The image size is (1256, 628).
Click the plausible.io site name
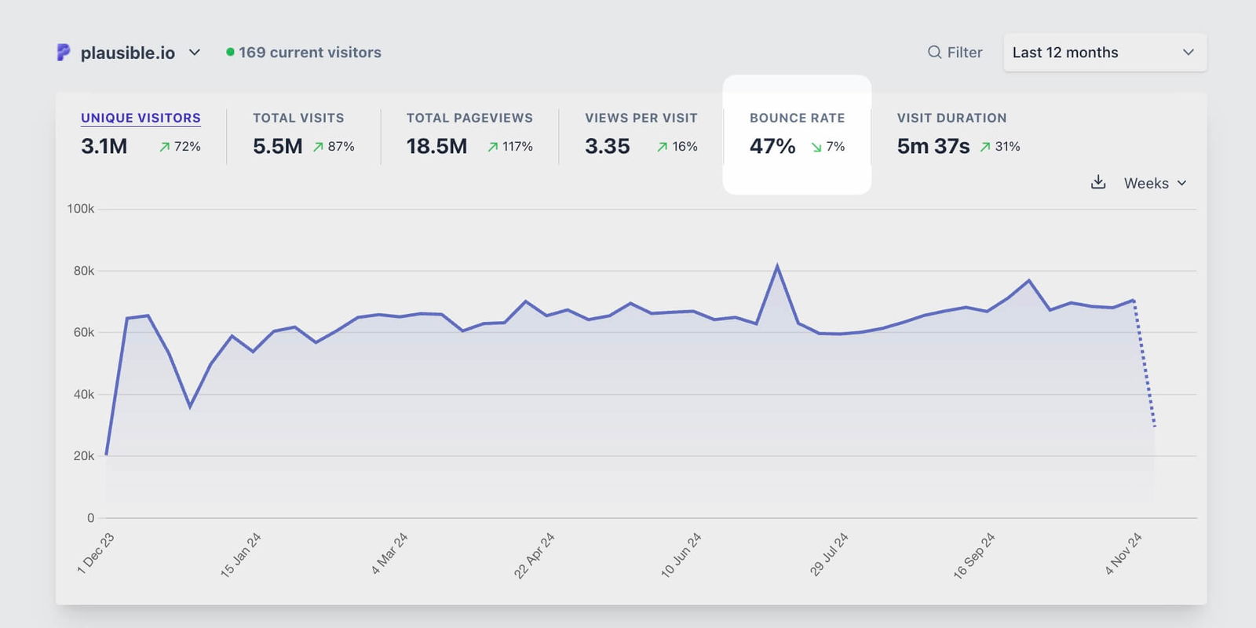[128, 53]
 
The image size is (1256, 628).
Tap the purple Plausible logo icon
[64, 53]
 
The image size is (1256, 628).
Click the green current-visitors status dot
[230, 52]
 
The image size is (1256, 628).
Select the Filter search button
[955, 53]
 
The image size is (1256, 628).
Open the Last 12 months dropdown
[1104, 53]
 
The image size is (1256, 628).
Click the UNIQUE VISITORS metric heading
[141, 118]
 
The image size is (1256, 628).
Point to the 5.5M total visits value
[277, 146]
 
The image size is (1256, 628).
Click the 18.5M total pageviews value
[436, 146]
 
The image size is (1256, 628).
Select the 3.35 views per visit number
[607, 146]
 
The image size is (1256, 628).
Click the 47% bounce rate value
[772, 146]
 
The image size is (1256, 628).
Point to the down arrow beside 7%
[816, 147]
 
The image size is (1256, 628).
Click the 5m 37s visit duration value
[933, 146]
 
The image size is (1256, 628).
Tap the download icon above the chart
[1098, 182]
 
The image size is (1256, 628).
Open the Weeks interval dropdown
[1155, 183]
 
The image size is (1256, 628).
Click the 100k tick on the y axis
[80, 209]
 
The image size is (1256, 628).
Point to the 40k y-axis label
[83, 394]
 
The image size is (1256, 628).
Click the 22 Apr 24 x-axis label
[535, 555]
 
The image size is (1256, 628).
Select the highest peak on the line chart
[777, 266]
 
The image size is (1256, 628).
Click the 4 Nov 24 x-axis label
[1123, 553]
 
